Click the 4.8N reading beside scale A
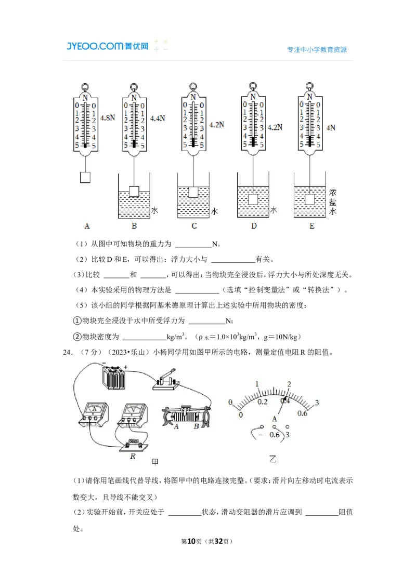[x=108, y=118]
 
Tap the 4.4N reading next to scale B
[x=158, y=118]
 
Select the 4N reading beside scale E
[x=331, y=128]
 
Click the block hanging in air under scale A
[x=85, y=177]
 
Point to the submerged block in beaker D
[x=253, y=199]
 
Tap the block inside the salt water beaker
[x=310, y=199]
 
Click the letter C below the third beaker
[x=194, y=226]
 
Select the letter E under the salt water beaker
[x=311, y=226]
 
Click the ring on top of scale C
[x=193, y=87]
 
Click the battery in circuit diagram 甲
[x=114, y=378]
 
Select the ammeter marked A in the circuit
[x=94, y=415]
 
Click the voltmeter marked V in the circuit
[x=132, y=415]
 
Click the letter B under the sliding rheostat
[x=196, y=426]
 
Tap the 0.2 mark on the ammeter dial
[x=263, y=402]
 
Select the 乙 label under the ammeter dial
[x=273, y=459]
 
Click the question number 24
[x=67, y=352]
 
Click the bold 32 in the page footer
[x=218, y=541]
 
